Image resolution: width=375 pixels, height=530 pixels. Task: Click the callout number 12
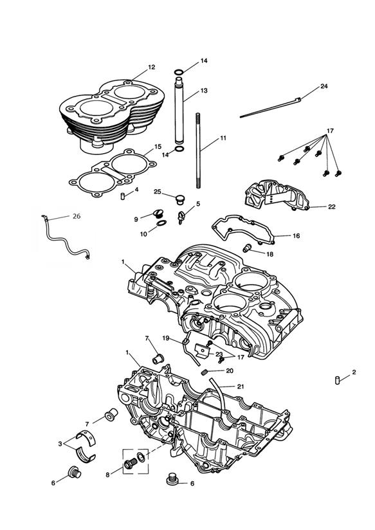(152, 68)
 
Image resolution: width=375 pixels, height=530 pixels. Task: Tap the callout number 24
(324, 86)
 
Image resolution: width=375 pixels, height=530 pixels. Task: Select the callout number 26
(77, 216)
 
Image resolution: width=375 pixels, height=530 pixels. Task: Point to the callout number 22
(332, 206)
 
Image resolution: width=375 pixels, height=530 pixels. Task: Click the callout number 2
(354, 372)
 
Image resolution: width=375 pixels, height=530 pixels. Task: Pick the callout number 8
(107, 475)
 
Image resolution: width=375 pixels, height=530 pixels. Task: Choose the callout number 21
(241, 387)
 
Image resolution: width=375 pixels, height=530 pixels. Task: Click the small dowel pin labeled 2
(337, 380)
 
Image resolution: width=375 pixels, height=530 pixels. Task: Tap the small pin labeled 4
(123, 196)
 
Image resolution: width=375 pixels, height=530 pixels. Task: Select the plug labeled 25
(179, 199)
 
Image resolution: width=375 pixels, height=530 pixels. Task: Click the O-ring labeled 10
(161, 223)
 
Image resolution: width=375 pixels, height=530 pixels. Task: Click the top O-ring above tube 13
(179, 72)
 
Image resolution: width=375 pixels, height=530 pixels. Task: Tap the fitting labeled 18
(247, 248)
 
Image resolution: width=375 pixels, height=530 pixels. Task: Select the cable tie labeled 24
(271, 107)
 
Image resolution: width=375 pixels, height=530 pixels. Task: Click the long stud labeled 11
(198, 151)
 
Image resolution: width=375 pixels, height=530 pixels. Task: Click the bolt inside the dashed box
(130, 464)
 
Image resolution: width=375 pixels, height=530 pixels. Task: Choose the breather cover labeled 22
(277, 196)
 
